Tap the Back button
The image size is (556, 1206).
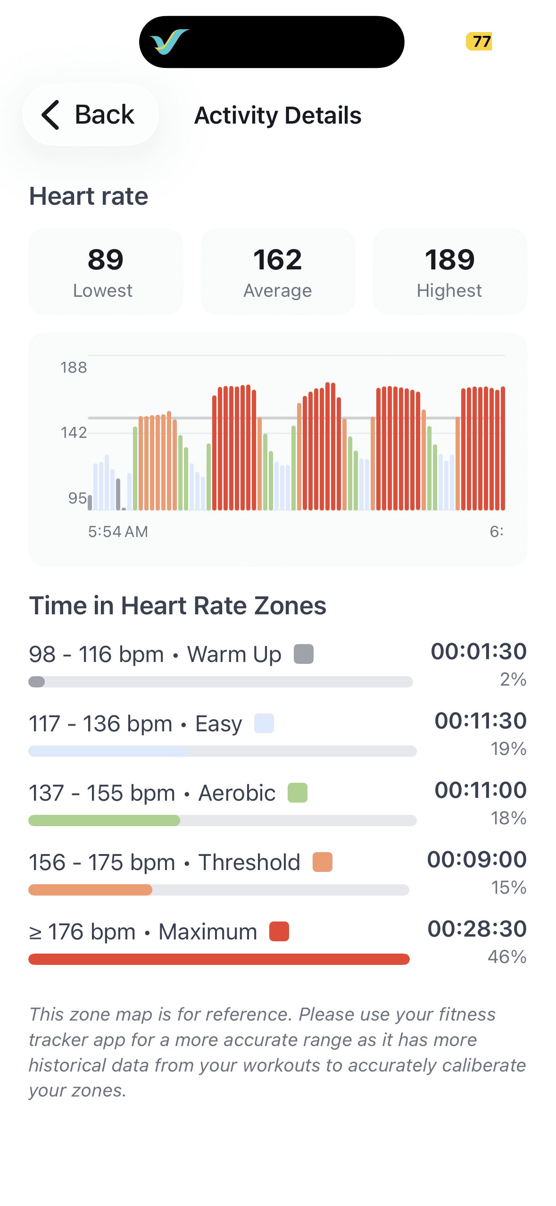tap(90, 115)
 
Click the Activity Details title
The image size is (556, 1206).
tap(278, 116)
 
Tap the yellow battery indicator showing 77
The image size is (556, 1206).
tap(479, 42)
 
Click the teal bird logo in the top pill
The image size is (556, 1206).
tap(169, 42)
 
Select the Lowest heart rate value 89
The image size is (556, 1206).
tap(106, 260)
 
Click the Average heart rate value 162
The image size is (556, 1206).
tap(278, 260)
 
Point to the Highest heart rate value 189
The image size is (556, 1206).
tap(449, 260)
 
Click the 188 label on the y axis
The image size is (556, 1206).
tap(74, 368)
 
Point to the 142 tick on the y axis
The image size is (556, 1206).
tap(74, 433)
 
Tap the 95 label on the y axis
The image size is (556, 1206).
tap(77, 498)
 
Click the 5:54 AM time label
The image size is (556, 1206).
tap(118, 532)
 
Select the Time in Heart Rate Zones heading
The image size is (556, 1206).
tap(178, 606)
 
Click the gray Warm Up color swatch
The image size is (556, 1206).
tap(304, 654)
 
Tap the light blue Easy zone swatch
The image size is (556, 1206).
tap(264, 723)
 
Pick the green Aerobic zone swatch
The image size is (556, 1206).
tap(298, 793)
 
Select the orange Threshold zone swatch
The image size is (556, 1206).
tap(323, 862)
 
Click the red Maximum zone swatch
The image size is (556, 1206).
tap(279, 931)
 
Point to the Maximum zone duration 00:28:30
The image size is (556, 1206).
tap(477, 929)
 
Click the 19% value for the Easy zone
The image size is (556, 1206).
tap(508, 749)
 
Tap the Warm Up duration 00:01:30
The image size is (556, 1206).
tap(479, 651)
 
